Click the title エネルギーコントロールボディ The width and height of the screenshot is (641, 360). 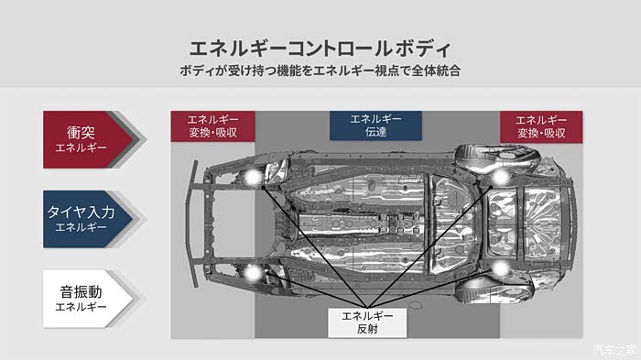coord(320,49)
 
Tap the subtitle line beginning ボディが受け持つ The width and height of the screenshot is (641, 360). coord(320,71)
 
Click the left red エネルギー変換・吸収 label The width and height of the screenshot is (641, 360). coord(213,126)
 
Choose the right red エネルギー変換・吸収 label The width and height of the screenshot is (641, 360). coord(541,126)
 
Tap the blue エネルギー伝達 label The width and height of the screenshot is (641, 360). coord(375,125)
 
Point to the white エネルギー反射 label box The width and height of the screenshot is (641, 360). coord(367,322)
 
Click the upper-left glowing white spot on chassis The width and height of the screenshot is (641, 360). coord(253,176)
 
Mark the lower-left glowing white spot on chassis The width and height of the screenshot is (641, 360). coord(253,272)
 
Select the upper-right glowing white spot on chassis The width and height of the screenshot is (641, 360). coord(500,177)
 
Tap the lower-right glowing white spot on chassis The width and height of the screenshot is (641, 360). coord(500,268)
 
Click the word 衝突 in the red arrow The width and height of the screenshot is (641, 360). coord(81,133)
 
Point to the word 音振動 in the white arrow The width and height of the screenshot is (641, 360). coord(81,292)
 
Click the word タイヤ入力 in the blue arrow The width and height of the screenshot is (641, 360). coord(81,212)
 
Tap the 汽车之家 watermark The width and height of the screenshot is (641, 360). coord(614,350)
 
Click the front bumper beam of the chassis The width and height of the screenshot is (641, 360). coord(190,224)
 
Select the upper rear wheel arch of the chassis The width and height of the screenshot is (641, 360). coord(495,157)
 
